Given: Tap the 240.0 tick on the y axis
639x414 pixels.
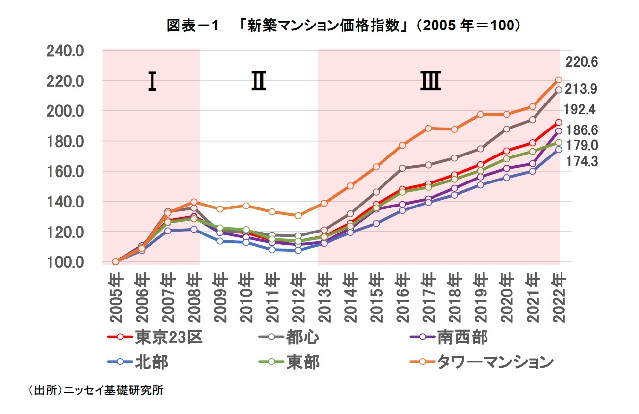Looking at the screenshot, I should click(65, 51).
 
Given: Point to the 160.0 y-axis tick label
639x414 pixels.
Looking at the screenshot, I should click(65, 171).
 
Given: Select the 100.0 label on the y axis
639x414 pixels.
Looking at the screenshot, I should click(65, 262).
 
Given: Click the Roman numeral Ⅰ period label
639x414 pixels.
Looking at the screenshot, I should click(152, 82).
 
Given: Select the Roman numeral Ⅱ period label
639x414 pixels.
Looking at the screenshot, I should click(258, 82).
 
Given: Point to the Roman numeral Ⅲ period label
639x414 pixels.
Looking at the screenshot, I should click(431, 82).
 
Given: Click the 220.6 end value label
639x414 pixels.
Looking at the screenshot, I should click(581, 62).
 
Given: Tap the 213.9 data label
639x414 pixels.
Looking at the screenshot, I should click(581, 89).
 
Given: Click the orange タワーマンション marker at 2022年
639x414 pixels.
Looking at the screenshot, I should click(558, 80).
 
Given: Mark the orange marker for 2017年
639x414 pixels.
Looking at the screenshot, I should click(428, 129).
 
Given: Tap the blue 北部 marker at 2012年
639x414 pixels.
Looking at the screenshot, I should click(298, 250).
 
